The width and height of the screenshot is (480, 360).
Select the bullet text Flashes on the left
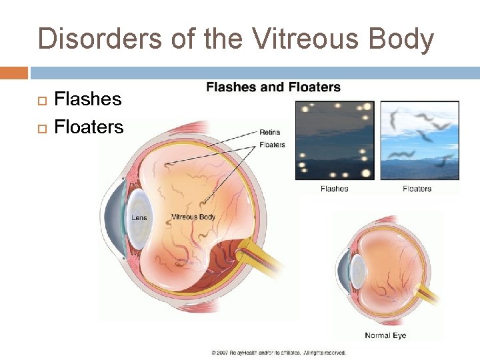pyautogui.click(x=87, y=99)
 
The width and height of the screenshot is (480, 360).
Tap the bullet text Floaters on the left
pyautogui.click(x=89, y=127)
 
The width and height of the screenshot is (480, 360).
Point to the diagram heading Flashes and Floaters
pyautogui.click(x=273, y=87)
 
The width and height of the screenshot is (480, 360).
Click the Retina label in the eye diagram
pyautogui.click(x=269, y=132)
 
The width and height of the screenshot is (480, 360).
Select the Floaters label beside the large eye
pyautogui.click(x=272, y=145)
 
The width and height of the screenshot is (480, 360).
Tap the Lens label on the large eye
pyautogui.click(x=139, y=217)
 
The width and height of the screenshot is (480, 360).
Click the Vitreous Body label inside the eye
pyautogui.click(x=193, y=217)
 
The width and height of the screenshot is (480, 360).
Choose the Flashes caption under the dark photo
pyautogui.click(x=334, y=189)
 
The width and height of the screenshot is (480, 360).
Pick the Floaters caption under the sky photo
pyautogui.click(x=417, y=189)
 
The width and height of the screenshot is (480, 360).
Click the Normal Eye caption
pyautogui.click(x=385, y=335)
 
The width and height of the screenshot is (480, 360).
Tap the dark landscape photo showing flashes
pyautogui.click(x=335, y=141)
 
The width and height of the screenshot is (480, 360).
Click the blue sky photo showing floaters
pyautogui.click(x=419, y=141)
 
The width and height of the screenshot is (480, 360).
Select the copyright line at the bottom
pyautogui.click(x=279, y=352)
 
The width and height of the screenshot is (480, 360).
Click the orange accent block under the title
pyautogui.click(x=14, y=72)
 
